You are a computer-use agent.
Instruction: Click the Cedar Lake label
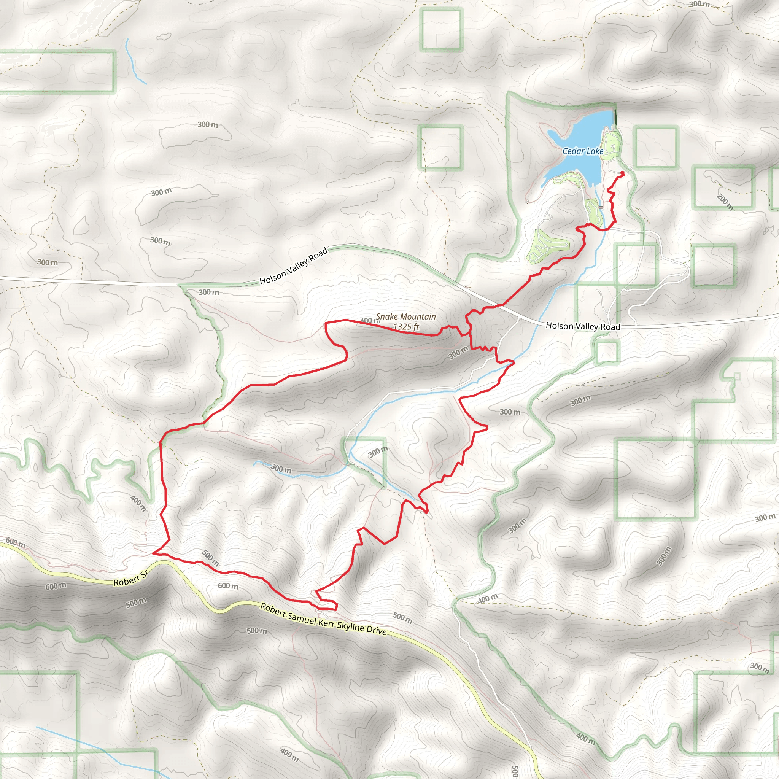pos(583,151)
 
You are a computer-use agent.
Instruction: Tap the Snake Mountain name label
pos(405,317)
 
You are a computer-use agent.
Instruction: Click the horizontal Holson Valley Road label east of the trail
pos(583,326)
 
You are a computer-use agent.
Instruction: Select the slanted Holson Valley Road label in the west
pos(293,266)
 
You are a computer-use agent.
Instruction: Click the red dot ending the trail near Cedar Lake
pos(622,173)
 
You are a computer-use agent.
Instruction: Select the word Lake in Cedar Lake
pos(595,151)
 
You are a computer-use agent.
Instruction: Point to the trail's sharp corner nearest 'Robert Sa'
pos(154,553)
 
